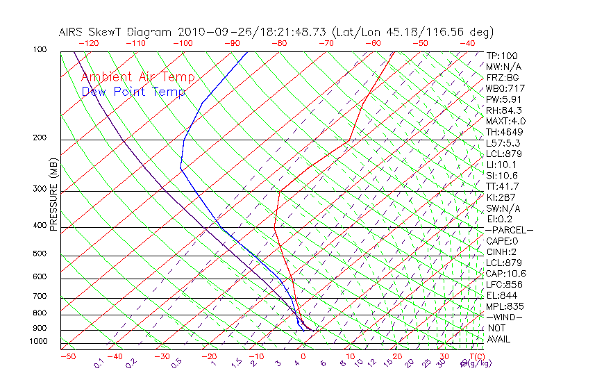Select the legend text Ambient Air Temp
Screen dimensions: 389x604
[137, 77]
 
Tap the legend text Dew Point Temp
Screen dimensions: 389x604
[133, 92]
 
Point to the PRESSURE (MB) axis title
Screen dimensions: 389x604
[53, 194]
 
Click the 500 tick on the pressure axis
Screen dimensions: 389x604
[40, 254]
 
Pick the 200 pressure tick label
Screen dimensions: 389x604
[40, 138]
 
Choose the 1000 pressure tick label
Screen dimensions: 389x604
[37, 342]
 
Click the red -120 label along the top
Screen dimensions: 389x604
[88, 43]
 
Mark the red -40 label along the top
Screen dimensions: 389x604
[467, 43]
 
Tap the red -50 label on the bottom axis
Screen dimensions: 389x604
[67, 357]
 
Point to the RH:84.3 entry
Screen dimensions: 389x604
[503, 110]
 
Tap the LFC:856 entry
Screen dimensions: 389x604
[504, 284]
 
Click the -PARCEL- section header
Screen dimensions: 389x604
[509, 230]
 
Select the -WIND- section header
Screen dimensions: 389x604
[504, 317]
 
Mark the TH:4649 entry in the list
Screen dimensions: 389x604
[504, 132]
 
